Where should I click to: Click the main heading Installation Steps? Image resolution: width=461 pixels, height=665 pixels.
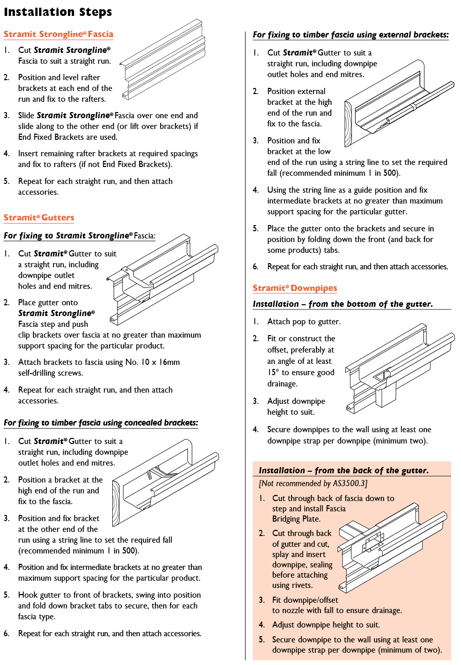coord(58,11)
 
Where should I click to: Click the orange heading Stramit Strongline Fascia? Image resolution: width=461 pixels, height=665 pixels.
coord(58,34)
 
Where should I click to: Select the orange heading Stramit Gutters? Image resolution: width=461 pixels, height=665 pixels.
coord(39,218)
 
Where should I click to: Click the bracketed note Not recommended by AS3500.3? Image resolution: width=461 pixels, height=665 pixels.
coord(313,484)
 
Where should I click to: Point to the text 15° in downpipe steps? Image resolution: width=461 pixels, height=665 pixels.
coord(274,373)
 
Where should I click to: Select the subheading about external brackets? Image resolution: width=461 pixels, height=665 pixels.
coord(350,35)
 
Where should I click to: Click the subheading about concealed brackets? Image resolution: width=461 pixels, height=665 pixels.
coord(101,423)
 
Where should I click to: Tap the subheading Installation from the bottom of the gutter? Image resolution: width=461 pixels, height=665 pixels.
coord(342,304)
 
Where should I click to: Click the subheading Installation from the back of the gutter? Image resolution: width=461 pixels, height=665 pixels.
coord(344,470)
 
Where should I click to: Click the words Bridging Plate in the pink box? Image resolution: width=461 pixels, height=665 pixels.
coord(296,519)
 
